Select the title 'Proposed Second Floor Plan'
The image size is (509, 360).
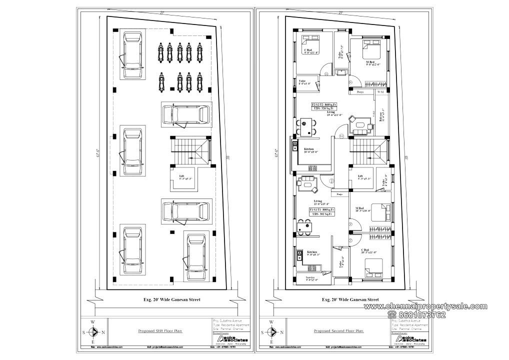338,331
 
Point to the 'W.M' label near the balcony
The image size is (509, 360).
380,92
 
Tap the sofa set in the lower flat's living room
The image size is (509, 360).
307,183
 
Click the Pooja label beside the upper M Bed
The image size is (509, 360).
360,92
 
